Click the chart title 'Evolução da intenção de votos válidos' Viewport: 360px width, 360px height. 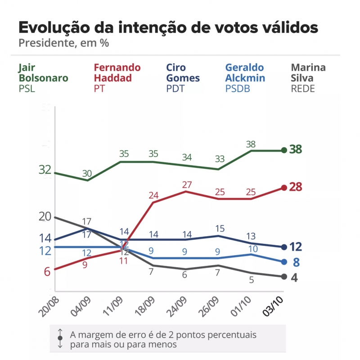(168, 27)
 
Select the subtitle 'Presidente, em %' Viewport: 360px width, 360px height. (63, 44)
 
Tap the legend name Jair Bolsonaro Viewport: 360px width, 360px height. (43, 73)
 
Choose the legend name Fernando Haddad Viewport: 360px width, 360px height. (117, 73)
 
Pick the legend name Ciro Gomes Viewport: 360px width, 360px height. (183, 73)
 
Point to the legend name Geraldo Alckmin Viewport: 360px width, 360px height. (244, 73)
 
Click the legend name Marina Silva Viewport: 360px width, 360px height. (308, 73)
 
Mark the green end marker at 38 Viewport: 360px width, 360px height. (284, 150)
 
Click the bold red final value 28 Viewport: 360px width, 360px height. (295, 187)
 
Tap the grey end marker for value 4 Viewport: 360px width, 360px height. (284, 277)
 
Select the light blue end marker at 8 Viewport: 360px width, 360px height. (284, 262)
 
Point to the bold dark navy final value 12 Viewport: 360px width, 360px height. (295, 247)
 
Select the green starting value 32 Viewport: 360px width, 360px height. (45, 170)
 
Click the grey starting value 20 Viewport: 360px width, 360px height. (45, 216)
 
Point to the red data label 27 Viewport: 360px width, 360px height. (186, 184)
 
